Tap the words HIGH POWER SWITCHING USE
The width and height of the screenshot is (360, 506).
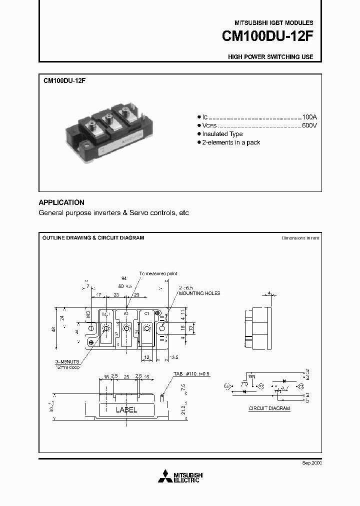tap(270, 57)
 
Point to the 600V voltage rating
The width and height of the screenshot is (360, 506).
tap(309, 125)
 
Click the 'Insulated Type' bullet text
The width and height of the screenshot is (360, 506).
tap(222, 134)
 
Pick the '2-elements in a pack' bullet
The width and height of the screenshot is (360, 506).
tap(231, 142)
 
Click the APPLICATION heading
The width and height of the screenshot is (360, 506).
tap(61, 202)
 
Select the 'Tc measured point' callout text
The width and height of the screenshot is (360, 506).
tap(158, 273)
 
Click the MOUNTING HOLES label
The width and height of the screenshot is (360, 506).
tap(199, 293)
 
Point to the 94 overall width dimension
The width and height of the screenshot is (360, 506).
tap(123, 278)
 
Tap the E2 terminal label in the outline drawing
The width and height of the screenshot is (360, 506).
tap(126, 313)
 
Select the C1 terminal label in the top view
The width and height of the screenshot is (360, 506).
tap(146, 313)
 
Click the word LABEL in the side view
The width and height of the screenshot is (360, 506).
tap(126, 409)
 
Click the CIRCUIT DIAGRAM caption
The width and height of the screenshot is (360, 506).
tap(269, 408)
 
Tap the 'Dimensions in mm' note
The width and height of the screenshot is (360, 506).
tap(300, 238)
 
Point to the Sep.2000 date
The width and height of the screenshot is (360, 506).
tap(311, 463)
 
